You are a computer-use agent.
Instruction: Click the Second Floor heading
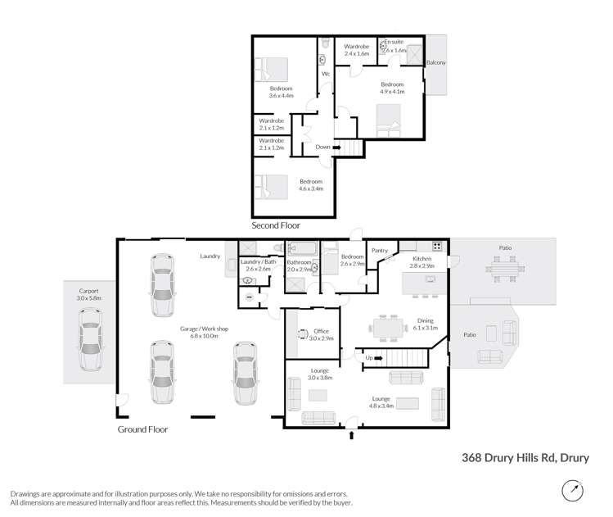(276, 225)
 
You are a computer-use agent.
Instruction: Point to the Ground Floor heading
(143, 429)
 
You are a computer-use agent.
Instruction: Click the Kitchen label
(421, 259)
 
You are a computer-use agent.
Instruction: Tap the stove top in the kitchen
(437, 245)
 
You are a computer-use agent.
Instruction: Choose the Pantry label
(379, 251)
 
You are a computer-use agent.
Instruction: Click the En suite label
(394, 42)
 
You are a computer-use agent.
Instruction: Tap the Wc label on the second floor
(325, 75)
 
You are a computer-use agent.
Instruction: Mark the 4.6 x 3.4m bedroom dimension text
(311, 188)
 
